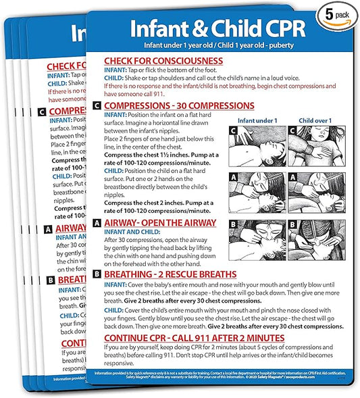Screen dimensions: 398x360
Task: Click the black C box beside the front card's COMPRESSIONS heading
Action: tap(97, 106)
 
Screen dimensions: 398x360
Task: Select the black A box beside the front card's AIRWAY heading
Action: tap(97, 222)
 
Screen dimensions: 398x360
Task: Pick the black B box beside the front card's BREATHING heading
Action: tap(97, 274)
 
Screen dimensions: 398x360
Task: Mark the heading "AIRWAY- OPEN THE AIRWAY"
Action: tap(159, 222)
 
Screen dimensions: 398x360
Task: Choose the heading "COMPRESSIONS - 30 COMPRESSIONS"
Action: tap(179, 106)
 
